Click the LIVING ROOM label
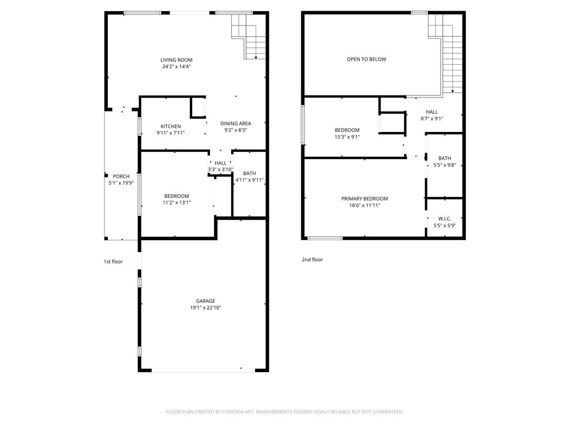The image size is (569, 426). click(177, 60)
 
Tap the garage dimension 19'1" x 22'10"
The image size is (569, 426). click(205, 308)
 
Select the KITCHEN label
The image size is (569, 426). click(171, 126)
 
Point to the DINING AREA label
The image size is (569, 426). click(236, 124)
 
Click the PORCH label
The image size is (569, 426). click(121, 176)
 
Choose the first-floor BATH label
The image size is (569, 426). click(249, 174)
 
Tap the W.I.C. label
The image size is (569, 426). click(445, 219)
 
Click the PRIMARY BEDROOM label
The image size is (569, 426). click(365, 199)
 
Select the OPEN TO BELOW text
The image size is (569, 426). click(366, 59)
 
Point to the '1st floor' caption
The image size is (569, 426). click(113, 261)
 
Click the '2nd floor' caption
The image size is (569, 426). click(313, 260)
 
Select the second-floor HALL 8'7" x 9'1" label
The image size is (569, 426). click(432, 115)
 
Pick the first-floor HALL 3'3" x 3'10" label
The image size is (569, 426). click(221, 166)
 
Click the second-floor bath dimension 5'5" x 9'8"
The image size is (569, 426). click(445, 165)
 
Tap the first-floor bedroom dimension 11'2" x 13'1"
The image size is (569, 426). click(177, 202)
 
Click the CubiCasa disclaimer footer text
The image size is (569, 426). click(284, 412)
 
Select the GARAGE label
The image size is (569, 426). click(205, 301)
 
